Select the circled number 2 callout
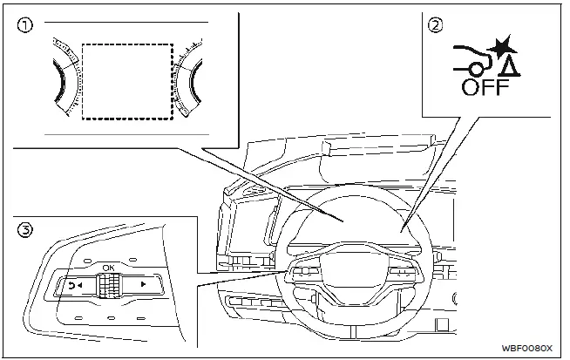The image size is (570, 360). point(435,25)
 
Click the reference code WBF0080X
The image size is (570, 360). point(526,347)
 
